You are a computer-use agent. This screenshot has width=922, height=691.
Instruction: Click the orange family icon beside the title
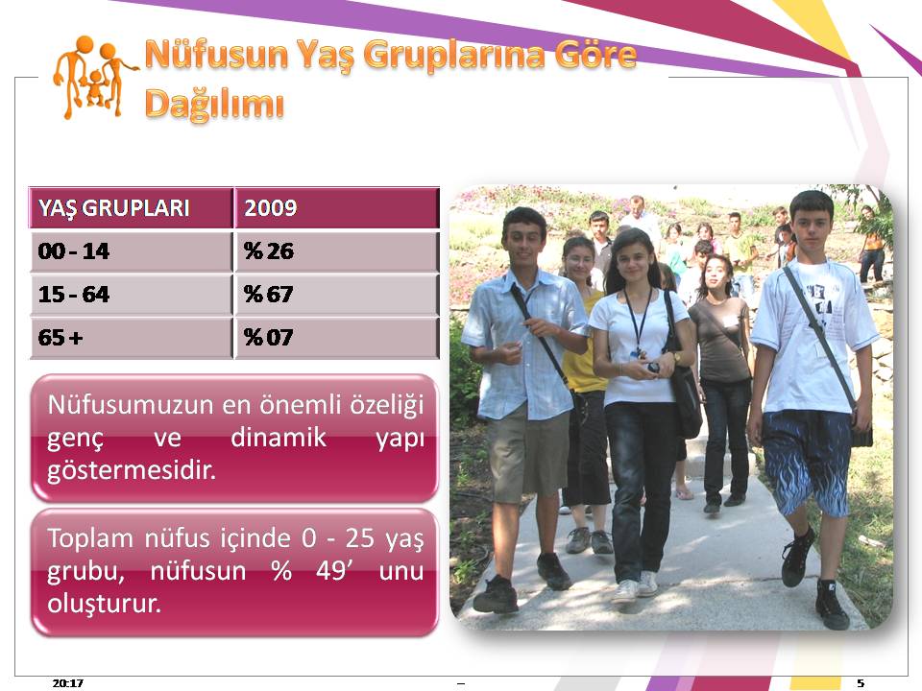[x=94, y=78]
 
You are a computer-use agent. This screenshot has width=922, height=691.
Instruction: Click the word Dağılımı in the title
[x=214, y=105]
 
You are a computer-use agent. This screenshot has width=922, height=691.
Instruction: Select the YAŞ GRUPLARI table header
[x=114, y=208]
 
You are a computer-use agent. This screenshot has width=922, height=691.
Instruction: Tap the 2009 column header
[x=271, y=208]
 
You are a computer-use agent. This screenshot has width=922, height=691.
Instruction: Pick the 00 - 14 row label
[x=74, y=251]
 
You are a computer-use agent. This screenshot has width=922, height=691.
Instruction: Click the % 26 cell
[x=268, y=251]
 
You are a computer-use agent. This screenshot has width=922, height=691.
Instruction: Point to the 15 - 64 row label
[x=74, y=295]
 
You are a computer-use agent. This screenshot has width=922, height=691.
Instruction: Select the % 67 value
[x=268, y=295]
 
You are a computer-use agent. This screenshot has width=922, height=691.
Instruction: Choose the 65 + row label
[x=61, y=337]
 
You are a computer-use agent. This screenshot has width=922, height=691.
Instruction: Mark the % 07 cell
[x=268, y=337]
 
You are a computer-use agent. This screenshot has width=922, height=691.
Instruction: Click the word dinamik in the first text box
[x=279, y=438]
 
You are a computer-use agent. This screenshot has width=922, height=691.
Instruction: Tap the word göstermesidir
[x=132, y=470]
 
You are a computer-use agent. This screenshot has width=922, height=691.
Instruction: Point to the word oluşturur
[x=104, y=604]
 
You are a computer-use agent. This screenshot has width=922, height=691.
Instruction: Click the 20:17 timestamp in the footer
[x=67, y=682]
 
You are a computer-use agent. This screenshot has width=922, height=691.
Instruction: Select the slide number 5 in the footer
[x=861, y=682]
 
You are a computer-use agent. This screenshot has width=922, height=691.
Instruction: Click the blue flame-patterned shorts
[x=807, y=462]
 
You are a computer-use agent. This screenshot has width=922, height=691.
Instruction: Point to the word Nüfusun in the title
[x=216, y=55]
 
